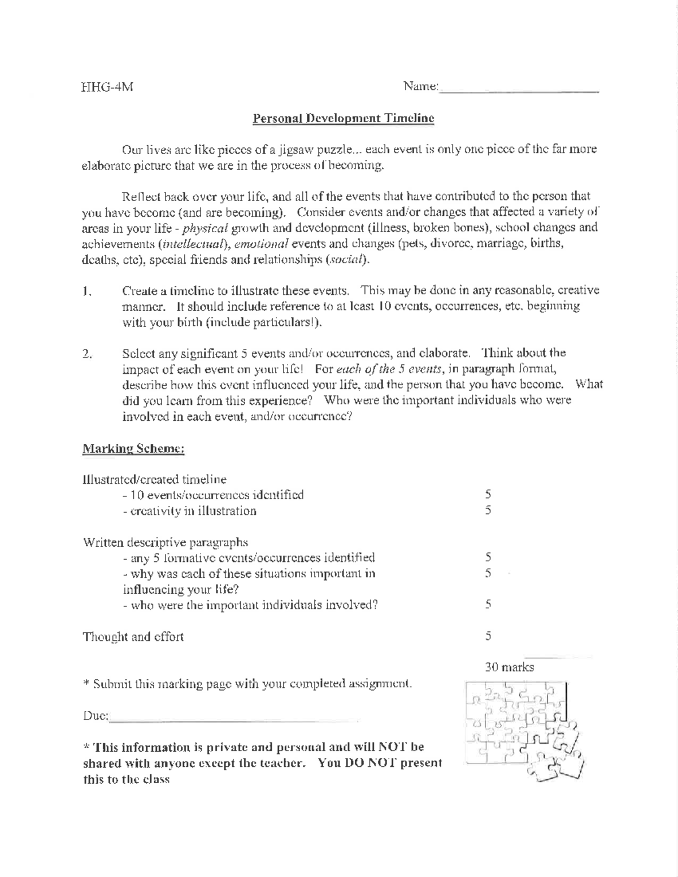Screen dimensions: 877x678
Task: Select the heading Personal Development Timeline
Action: [343, 119]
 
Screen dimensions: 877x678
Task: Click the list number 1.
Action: [86, 291]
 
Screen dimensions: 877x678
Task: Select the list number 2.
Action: [87, 354]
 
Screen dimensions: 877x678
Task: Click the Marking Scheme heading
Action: [133, 449]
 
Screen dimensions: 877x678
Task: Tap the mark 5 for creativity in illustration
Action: [488, 511]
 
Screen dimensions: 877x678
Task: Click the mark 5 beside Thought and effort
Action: [488, 636]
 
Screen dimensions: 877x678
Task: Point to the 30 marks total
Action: [509, 667]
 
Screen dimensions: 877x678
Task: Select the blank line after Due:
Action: [234, 718]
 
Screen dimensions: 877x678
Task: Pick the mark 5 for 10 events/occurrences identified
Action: [488, 495]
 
